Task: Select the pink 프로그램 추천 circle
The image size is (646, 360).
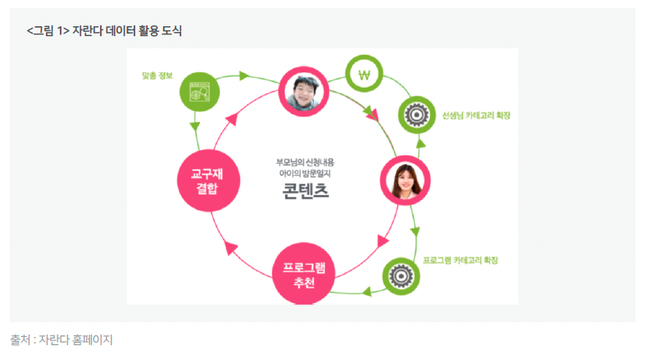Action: pyautogui.click(x=303, y=274)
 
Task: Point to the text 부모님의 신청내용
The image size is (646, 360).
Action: pyautogui.click(x=305, y=162)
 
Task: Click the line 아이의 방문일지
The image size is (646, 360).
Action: pyautogui.click(x=305, y=174)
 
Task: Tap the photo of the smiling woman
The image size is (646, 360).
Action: pyautogui.click(x=405, y=180)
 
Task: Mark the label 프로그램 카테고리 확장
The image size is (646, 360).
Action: pyautogui.click(x=461, y=260)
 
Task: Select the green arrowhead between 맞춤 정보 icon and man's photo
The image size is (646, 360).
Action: pyautogui.click(x=244, y=76)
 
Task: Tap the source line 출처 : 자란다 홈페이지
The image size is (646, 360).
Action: pyautogui.click(x=61, y=339)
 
